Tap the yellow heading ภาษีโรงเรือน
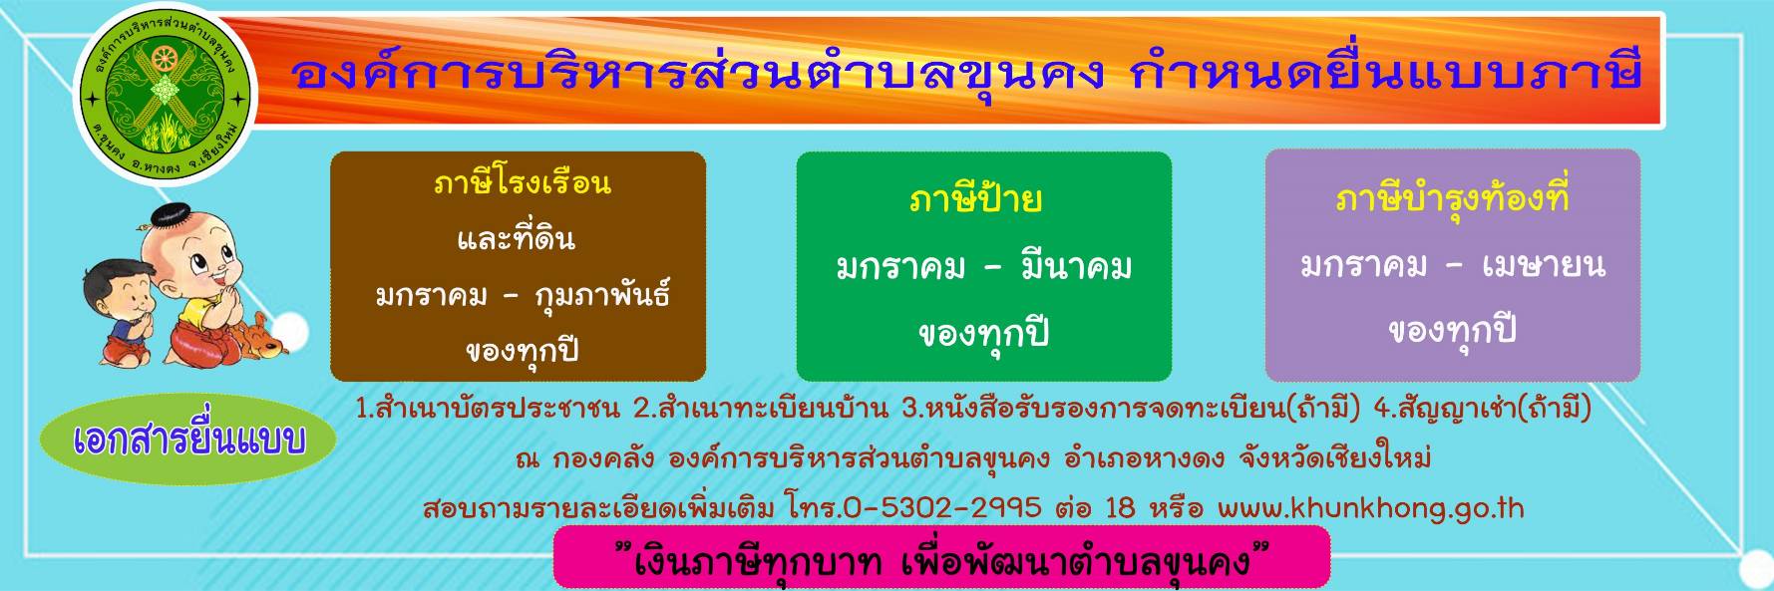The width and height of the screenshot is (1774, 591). [x=522, y=183]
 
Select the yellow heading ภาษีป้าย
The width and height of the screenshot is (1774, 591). [x=975, y=199]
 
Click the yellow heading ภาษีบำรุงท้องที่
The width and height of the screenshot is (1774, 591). [x=1452, y=198]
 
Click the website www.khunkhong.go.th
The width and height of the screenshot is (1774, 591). [x=1370, y=508]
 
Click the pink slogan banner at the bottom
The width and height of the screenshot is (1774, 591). [x=941, y=557]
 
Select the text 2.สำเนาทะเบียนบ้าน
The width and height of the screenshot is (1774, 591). [x=761, y=409]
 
